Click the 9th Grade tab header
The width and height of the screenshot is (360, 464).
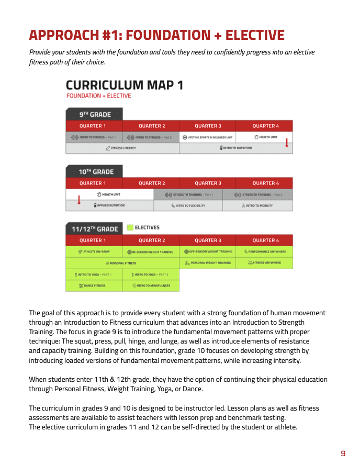coord(94,114)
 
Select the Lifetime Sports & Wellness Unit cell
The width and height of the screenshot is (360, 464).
coord(207,137)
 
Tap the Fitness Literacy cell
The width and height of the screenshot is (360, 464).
coord(122,148)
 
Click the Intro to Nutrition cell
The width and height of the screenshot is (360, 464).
coord(235,148)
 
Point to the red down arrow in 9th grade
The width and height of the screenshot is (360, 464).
coord(286,142)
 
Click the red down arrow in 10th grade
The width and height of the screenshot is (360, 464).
coord(79,200)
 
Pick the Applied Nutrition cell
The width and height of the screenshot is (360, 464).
coord(109,205)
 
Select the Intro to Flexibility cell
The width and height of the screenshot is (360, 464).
coord(188,206)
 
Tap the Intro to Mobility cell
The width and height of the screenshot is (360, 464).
coord(257,206)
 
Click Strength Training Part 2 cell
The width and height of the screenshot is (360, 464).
coord(257,195)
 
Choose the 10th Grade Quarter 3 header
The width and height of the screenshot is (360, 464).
coord(207,183)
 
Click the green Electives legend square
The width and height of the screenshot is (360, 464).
coord(130,228)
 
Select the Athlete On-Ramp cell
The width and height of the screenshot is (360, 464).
coord(94,252)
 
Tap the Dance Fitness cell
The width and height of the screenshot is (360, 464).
coord(94,286)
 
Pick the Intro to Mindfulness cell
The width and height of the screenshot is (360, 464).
coord(151,286)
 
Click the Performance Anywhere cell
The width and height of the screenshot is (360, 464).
coord(264,252)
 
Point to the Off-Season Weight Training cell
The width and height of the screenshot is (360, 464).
coord(207,252)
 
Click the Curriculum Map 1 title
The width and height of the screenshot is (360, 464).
coord(124,85)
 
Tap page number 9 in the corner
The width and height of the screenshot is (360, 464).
coord(343,454)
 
